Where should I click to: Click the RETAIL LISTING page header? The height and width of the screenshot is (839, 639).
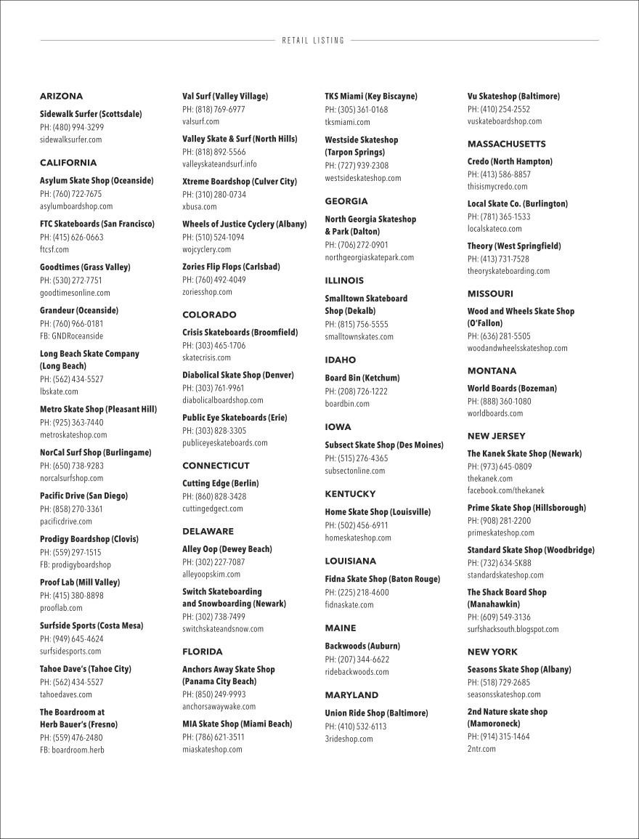[x=314, y=41]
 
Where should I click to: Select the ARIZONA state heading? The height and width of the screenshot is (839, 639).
[x=61, y=97]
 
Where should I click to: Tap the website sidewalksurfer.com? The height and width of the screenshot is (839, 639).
[x=70, y=139]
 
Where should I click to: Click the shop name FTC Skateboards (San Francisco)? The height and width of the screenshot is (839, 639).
[x=97, y=224]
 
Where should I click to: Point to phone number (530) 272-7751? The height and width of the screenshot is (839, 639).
[x=71, y=280]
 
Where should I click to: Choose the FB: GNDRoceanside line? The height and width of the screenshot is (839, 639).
[x=71, y=336]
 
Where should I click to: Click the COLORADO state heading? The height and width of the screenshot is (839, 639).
[x=209, y=315]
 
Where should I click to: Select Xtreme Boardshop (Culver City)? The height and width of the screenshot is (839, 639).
[x=239, y=182]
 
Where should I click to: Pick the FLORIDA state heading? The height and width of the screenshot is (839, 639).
[x=202, y=652]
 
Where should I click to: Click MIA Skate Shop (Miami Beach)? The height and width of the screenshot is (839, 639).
[x=237, y=724]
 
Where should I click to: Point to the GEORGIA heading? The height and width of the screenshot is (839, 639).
[x=346, y=201]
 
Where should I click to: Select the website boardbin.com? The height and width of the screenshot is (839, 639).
[x=346, y=404]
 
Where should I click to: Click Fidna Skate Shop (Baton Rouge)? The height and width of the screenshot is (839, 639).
[x=382, y=580]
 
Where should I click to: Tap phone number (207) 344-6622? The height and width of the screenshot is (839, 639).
[x=357, y=660]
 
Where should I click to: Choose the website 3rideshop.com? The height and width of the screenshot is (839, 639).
[x=349, y=739]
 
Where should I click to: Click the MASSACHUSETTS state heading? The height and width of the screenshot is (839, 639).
[x=506, y=144]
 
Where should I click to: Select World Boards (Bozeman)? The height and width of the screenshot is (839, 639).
[x=512, y=389]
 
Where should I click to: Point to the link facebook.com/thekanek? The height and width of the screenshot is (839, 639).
[x=505, y=491]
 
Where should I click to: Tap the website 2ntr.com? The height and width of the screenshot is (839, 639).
[x=481, y=749]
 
